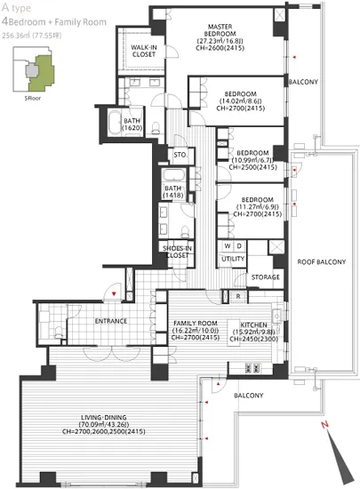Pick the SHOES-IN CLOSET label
click(x=178, y=252)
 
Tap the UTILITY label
click(x=234, y=259)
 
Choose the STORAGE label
click(x=265, y=277)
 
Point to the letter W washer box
click(x=228, y=244)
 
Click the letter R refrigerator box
click(x=238, y=296)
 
